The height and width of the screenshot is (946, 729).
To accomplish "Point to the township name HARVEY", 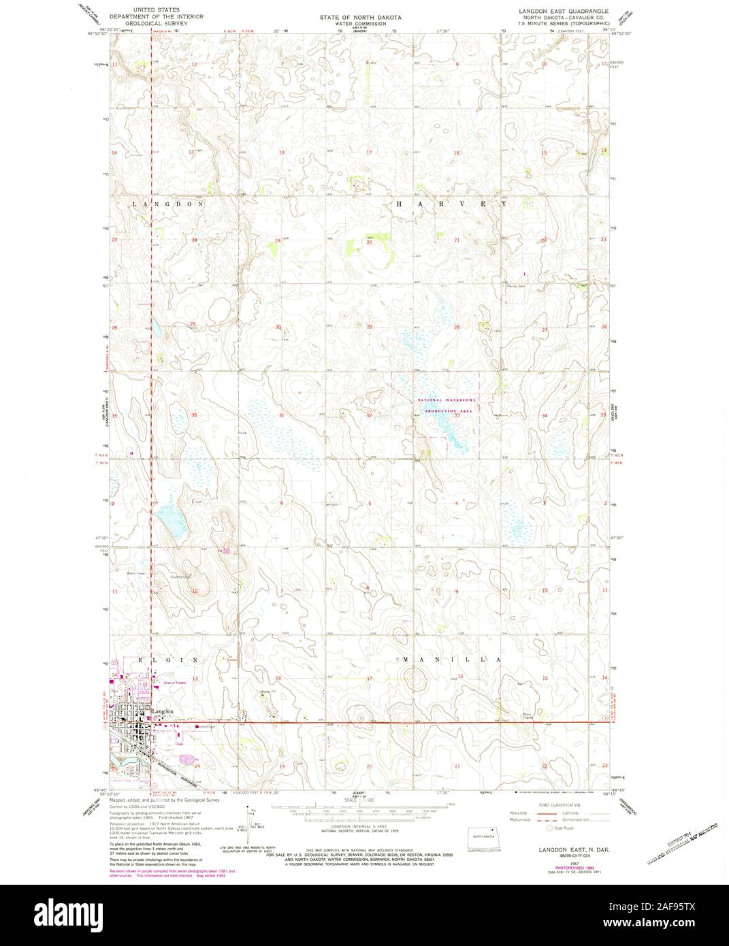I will (450, 204).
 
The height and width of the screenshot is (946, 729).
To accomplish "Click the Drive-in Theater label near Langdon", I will (174, 682).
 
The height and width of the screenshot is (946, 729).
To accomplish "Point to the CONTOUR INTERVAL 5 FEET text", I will (355, 824).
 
